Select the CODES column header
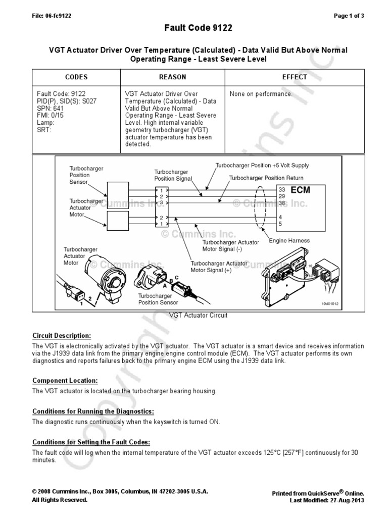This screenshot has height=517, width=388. click(76, 77)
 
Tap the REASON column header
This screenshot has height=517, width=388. click(172, 77)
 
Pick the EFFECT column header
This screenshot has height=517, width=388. click(295, 77)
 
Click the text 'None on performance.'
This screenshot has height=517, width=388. click(261, 94)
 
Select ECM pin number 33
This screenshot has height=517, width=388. click(281, 189)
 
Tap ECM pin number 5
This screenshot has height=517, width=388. click(280, 223)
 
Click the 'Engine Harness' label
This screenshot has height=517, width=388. click(289, 241)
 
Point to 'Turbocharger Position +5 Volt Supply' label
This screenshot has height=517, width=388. click(262, 166)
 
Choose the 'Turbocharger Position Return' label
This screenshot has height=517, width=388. click(266, 178)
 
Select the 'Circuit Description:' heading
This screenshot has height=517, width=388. click(62, 335)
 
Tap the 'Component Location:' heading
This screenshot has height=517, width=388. click(65, 380)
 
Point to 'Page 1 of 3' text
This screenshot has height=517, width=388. click(349, 16)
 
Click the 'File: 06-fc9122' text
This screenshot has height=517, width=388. click(52, 16)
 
